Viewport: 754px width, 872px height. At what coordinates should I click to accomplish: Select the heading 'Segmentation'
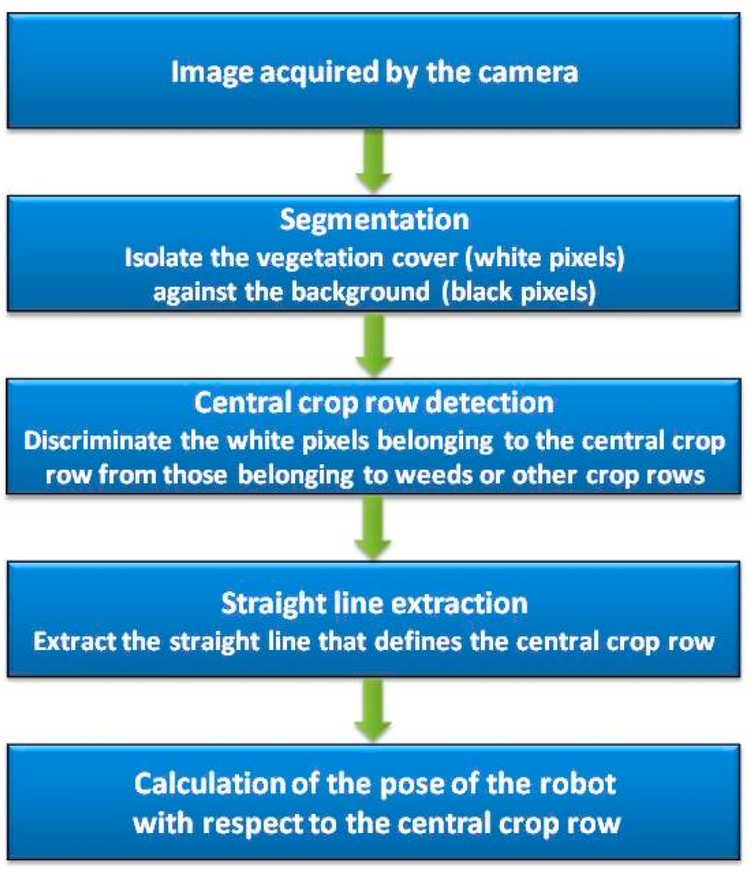tap(374, 219)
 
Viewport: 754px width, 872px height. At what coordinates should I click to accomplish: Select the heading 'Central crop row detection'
tap(374, 403)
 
